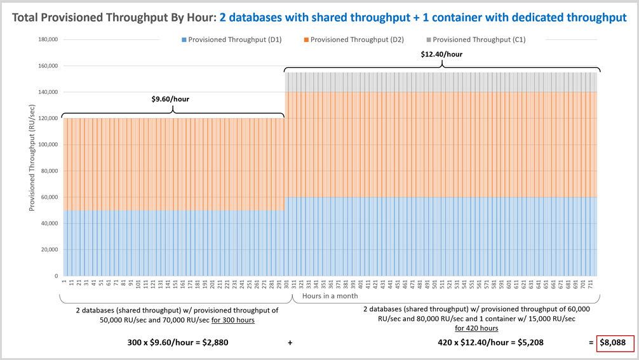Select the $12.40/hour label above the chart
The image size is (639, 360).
click(441, 54)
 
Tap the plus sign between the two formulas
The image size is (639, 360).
click(290, 343)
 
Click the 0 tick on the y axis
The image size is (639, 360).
click(57, 276)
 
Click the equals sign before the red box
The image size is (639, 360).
click(591, 343)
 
